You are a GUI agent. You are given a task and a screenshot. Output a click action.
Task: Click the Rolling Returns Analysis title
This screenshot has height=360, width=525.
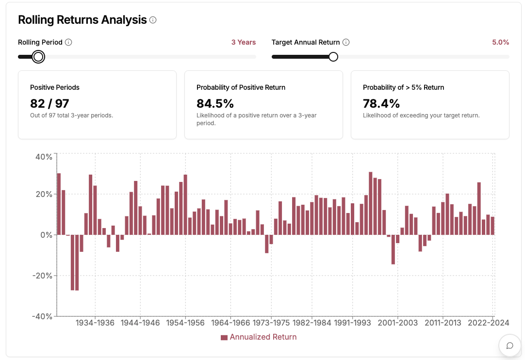click(x=82, y=20)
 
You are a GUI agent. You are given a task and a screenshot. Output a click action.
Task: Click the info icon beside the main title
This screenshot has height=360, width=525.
click(x=153, y=20)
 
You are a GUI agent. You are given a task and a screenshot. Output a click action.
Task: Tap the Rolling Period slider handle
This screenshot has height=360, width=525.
click(x=38, y=57)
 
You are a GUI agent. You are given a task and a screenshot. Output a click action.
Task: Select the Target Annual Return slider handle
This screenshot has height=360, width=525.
click(x=333, y=57)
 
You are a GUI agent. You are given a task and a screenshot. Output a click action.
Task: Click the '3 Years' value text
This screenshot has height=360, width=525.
click(x=243, y=42)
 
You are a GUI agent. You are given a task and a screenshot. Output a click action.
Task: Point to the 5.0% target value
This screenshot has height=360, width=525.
click(x=500, y=42)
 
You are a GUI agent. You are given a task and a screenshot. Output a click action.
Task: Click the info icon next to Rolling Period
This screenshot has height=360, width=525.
click(x=68, y=42)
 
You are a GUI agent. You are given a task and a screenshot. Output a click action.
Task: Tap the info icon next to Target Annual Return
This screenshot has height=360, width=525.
click(x=346, y=42)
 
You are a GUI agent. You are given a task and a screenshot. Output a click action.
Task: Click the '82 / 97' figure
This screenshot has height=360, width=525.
click(x=49, y=103)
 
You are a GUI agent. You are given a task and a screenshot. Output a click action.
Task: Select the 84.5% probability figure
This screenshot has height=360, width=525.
click(x=215, y=103)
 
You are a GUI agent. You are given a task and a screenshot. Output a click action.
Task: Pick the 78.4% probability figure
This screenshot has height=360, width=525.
click(x=381, y=103)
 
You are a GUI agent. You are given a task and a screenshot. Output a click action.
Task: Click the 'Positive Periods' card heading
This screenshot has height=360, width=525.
click(x=55, y=87)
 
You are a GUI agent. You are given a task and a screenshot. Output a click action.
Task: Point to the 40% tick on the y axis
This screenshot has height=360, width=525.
click(x=44, y=157)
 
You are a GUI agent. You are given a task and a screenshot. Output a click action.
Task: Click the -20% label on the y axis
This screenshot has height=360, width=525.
click(x=42, y=276)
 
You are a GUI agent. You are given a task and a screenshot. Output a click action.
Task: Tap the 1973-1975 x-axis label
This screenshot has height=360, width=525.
click(x=271, y=323)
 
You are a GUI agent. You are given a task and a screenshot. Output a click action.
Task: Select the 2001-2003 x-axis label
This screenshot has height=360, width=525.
click(x=397, y=323)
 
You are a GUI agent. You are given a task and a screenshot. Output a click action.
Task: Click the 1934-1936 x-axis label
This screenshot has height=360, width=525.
click(x=95, y=323)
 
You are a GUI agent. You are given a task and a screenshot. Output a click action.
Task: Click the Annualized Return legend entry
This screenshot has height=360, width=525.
click(x=258, y=337)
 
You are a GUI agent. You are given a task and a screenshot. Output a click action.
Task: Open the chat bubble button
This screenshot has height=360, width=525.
click(x=510, y=345)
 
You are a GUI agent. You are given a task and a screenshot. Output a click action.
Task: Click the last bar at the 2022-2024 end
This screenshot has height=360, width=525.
click(x=492, y=226)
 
